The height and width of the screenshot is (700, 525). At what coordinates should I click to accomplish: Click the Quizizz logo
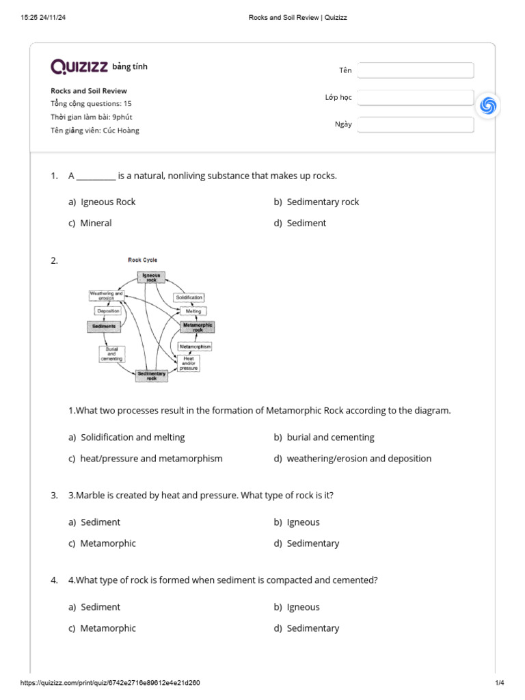pyautogui.click(x=79, y=66)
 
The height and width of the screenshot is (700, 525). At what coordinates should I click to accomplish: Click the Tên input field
pyautogui.click(x=416, y=70)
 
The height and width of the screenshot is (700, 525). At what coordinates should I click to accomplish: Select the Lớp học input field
pyautogui.click(x=416, y=98)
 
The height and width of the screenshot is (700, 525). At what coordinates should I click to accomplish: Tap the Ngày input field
pyautogui.click(x=416, y=124)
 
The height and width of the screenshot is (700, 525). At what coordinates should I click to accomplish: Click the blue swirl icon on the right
pyautogui.click(x=488, y=105)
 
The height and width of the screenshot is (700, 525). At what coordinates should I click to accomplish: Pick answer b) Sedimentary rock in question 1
pyautogui.click(x=317, y=202)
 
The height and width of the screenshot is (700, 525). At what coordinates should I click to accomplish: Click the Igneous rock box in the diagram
pyautogui.click(x=151, y=277)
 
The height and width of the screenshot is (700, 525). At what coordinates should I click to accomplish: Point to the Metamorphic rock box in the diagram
pyautogui.click(x=198, y=327)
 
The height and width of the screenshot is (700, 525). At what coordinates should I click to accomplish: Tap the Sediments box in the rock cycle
pyautogui.click(x=104, y=327)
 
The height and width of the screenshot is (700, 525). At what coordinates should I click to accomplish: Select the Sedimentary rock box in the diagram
pyautogui.click(x=152, y=375)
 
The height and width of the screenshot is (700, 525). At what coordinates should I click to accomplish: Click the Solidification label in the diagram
pyautogui.click(x=189, y=297)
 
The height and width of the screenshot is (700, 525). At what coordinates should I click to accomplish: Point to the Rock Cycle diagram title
pyautogui.click(x=142, y=260)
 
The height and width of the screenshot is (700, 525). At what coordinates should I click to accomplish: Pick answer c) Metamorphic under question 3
pyautogui.click(x=102, y=543)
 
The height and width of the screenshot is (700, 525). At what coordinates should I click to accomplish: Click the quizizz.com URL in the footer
pyautogui.click(x=110, y=683)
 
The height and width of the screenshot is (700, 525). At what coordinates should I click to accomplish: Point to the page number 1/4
pyautogui.click(x=499, y=683)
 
